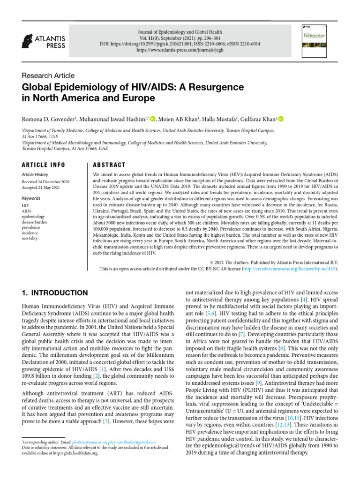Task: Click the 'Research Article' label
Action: pos(48,75)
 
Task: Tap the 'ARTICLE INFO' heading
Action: pos(44,165)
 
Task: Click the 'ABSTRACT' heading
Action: pos(109,165)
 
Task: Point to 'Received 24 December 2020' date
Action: pos(46,181)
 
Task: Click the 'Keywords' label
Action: pos(31,198)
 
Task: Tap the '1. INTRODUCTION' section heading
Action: pos(55,293)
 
